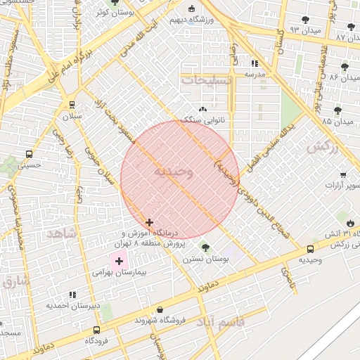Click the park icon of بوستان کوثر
(x=115, y=3)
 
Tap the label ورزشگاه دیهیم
(x=193, y=20)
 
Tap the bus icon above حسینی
(x=29, y=154)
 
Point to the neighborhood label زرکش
(x=322, y=148)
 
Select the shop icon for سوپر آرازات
(x=342, y=174)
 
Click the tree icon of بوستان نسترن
(x=205, y=247)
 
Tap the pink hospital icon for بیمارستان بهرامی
(x=119, y=261)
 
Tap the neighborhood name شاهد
(x=62, y=233)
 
